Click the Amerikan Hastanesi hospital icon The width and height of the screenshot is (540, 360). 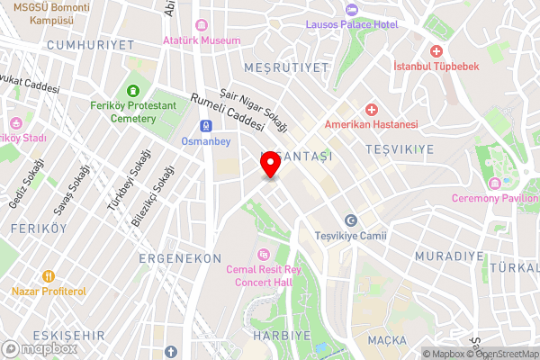pyautogui.click(x=371, y=108)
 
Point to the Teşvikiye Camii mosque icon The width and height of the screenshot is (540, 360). pyautogui.click(x=352, y=220)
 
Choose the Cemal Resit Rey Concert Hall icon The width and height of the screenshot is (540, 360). pyautogui.click(x=263, y=254)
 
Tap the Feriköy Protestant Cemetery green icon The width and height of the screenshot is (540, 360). pyautogui.click(x=133, y=90)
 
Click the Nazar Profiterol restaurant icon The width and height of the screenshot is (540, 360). pyautogui.click(x=49, y=276)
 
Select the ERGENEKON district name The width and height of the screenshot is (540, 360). pyautogui.click(x=180, y=258)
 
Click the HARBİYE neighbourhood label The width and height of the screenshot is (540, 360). pyautogui.click(x=277, y=335)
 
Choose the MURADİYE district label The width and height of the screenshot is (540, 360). pyautogui.click(x=449, y=256)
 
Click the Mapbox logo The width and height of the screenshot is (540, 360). pyautogui.click(x=38, y=348)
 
